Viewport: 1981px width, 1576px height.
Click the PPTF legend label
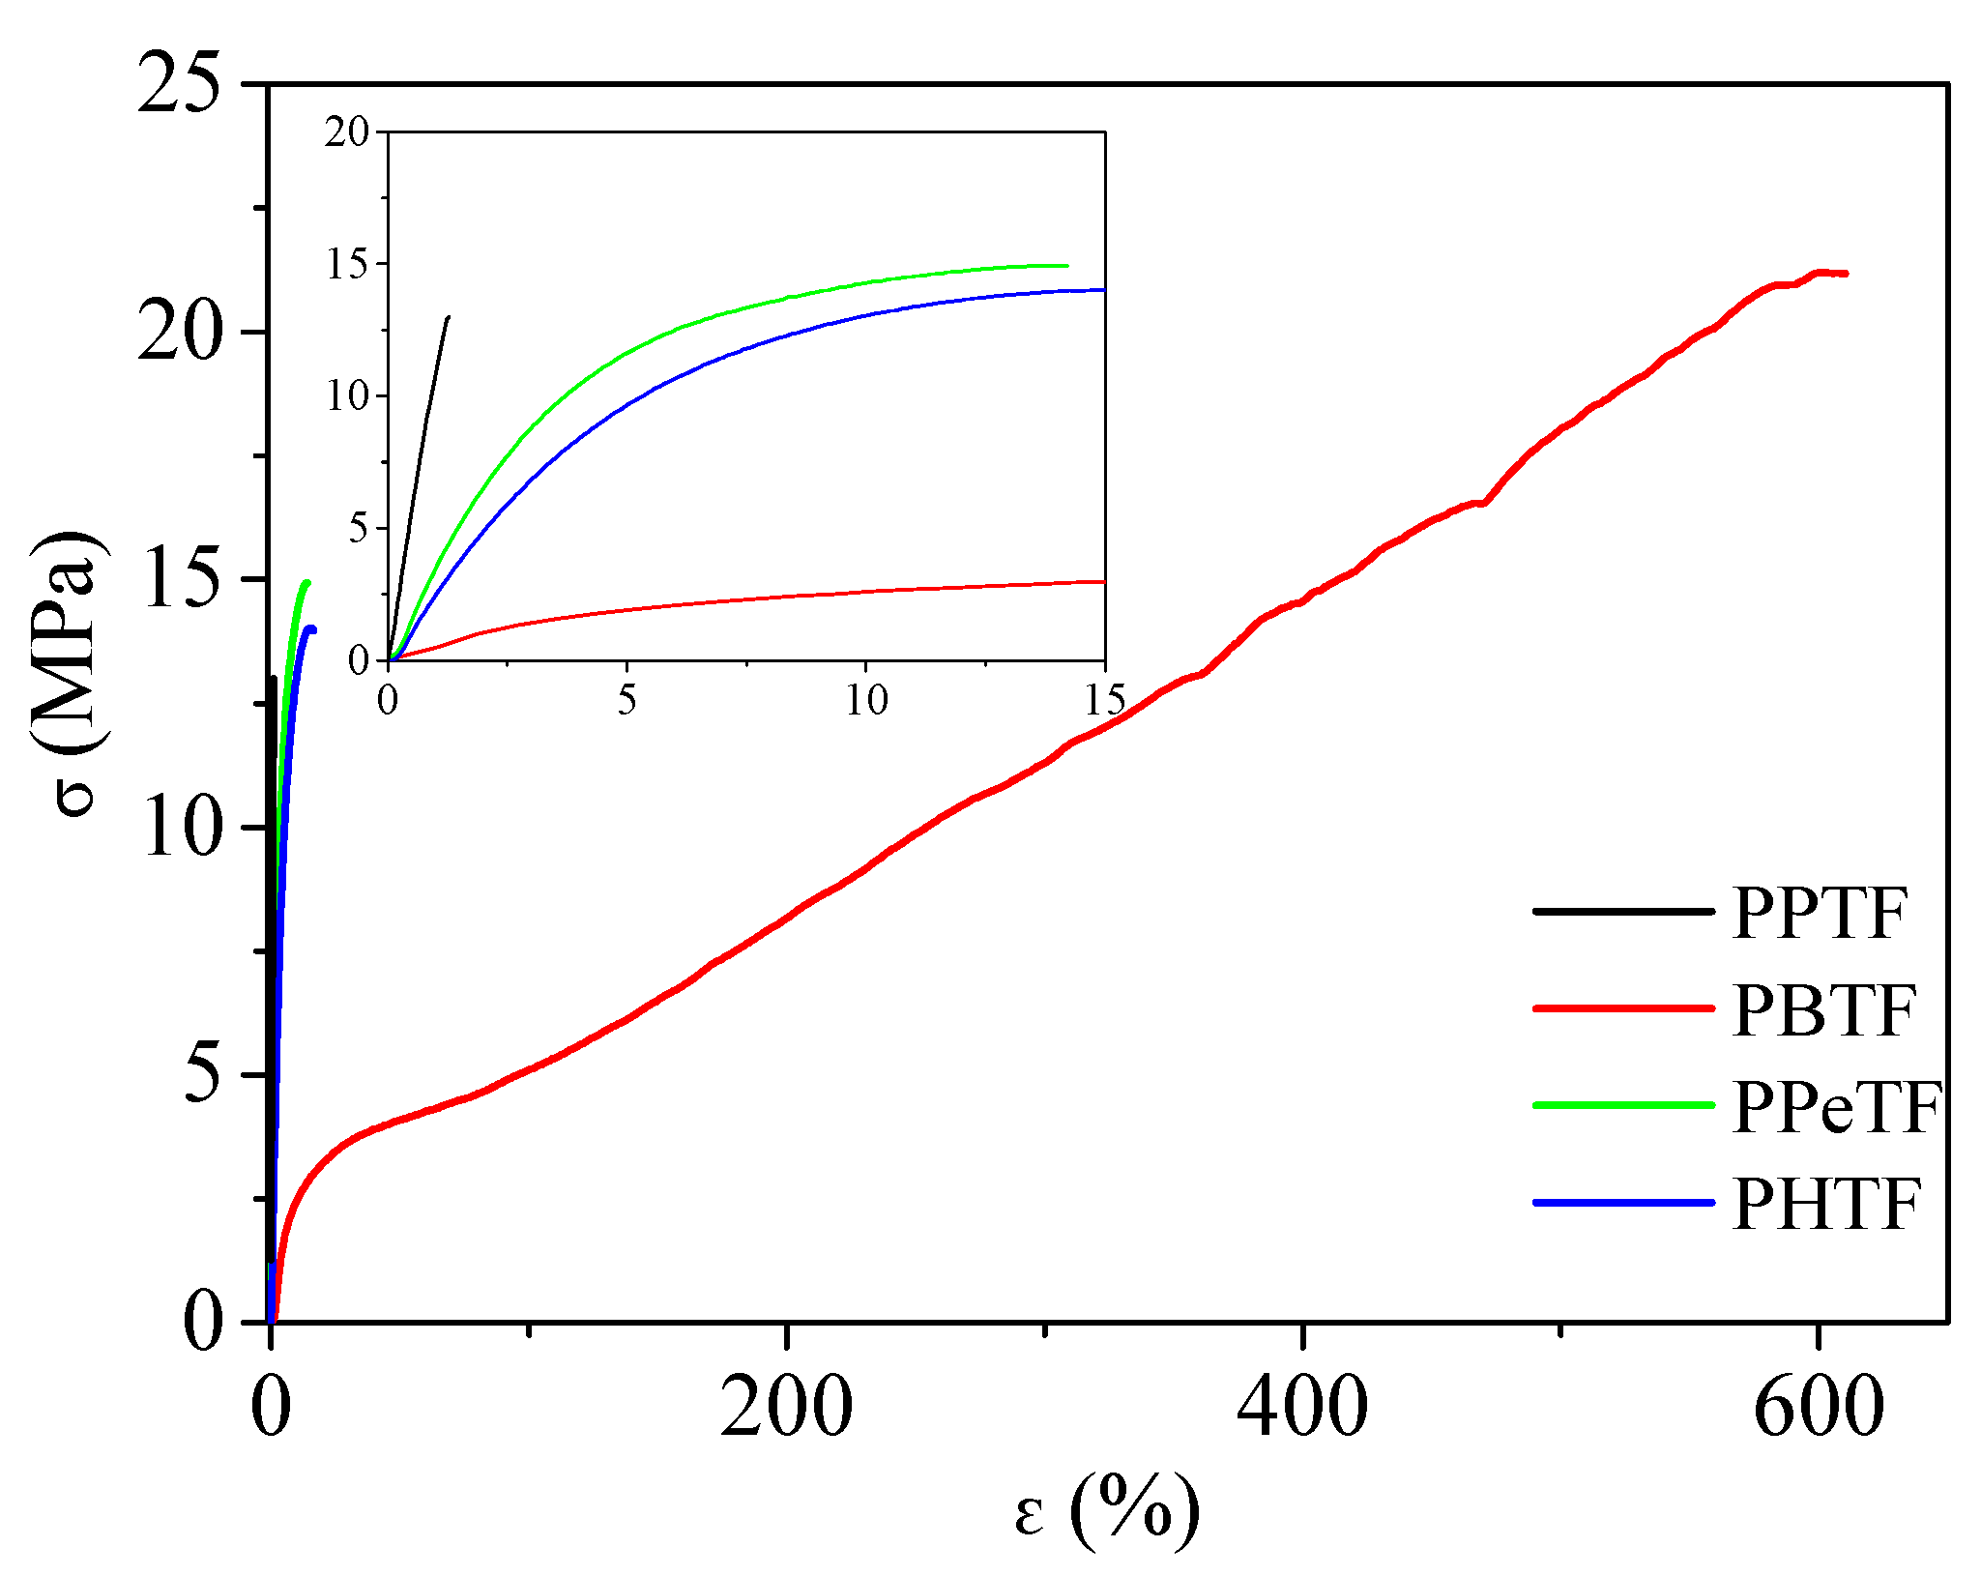click(x=1820, y=912)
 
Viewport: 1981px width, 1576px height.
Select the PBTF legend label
click(x=1823, y=1010)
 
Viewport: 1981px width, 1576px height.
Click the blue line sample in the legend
click(x=1624, y=1202)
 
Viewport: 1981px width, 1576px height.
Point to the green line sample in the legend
click(x=1624, y=1104)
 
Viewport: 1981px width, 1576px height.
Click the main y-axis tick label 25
click(x=179, y=83)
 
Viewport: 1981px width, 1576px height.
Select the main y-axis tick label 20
click(x=179, y=332)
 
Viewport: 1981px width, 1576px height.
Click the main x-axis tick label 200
click(x=787, y=1408)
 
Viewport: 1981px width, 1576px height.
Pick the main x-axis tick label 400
click(x=1302, y=1408)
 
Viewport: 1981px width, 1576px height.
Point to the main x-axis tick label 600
click(x=1819, y=1408)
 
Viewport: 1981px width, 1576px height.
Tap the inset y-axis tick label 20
click(x=347, y=131)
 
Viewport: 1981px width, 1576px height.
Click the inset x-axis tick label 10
click(x=866, y=700)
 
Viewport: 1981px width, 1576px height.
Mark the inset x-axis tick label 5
click(x=627, y=700)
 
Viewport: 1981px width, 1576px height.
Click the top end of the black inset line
click(x=449, y=316)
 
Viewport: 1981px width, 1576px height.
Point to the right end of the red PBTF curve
click(x=1846, y=274)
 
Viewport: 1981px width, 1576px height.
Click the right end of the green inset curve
click(x=1066, y=266)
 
